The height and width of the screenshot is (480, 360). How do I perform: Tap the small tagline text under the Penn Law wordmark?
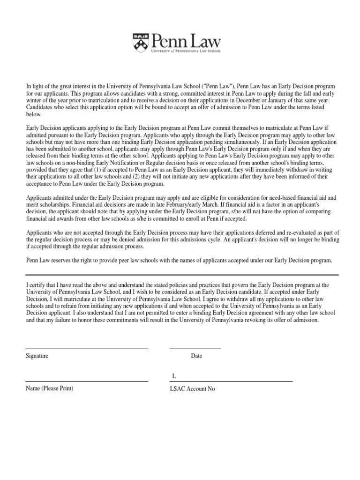coord(186,51)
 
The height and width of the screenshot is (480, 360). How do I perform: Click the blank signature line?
coord(87,349)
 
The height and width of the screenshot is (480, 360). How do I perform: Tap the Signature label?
coord(37,356)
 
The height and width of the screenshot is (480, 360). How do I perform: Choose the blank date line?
coord(195,349)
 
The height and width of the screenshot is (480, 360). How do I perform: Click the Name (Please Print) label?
coord(49,389)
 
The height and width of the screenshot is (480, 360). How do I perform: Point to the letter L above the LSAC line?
coord(173,376)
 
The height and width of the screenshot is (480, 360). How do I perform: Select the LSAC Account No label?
coord(192,389)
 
